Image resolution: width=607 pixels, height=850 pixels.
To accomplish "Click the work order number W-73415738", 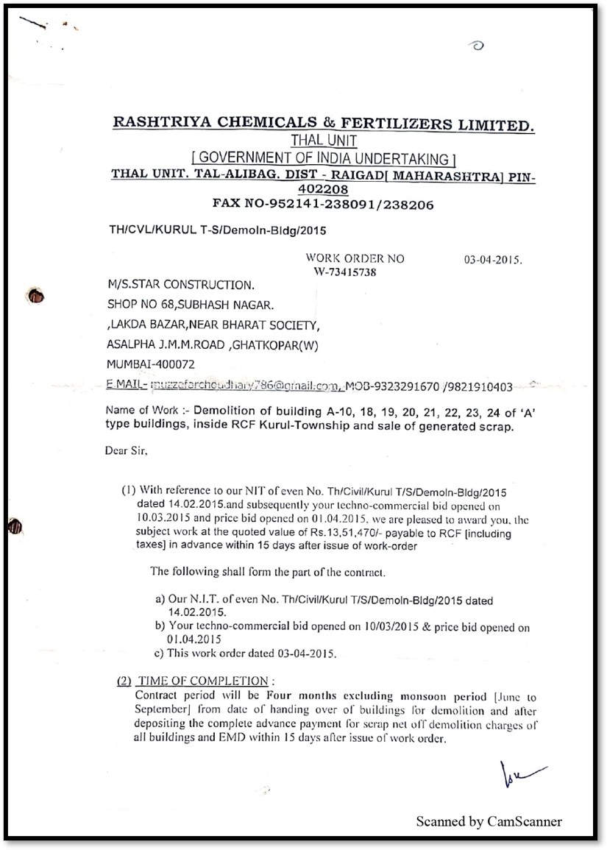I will tap(345, 272).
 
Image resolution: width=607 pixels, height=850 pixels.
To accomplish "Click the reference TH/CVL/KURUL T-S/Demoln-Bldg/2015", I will tap(217, 230).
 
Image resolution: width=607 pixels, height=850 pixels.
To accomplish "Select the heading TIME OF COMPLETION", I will tap(202, 681).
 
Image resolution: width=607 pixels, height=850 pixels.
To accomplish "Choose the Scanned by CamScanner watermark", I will tap(489, 821).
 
